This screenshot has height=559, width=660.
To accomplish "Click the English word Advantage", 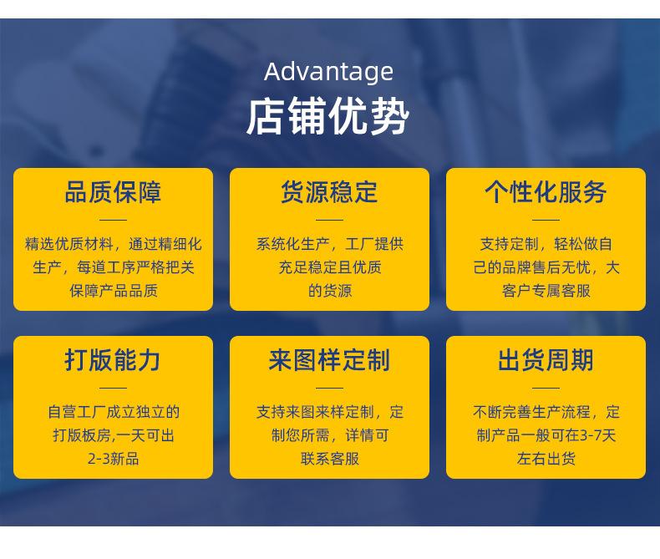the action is click(328, 73).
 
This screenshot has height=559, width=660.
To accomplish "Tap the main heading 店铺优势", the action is click(327, 117).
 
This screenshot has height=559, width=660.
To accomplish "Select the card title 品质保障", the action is click(113, 192).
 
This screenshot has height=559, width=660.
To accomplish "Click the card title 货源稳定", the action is click(329, 192).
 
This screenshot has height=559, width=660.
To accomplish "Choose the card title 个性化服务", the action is click(546, 192).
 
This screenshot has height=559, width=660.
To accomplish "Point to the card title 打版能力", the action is click(113, 360).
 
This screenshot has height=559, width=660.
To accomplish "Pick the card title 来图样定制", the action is click(329, 360).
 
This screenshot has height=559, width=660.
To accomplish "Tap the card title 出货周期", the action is click(546, 360).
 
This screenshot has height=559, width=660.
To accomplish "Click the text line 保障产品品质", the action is click(114, 291).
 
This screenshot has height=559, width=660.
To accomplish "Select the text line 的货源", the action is click(329, 291).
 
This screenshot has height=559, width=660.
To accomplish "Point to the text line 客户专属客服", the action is click(546, 291).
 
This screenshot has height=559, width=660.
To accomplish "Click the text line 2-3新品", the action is click(114, 459).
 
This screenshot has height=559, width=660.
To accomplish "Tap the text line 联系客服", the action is click(329, 459).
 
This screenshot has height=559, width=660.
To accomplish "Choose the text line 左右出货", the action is click(546, 459).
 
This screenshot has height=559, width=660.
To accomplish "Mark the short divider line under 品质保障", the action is click(114, 220).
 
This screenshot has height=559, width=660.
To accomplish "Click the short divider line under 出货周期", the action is click(546, 388).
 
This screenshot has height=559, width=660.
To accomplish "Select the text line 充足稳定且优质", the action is click(329, 267).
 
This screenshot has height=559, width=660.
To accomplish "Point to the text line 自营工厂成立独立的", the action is click(114, 412).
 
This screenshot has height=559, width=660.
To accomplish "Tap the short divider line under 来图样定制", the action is click(329, 388).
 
